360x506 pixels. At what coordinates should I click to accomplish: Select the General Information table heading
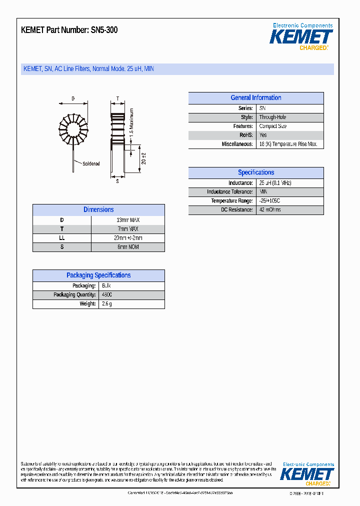(x=255, y=98)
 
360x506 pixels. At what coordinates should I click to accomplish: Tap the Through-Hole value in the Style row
(x=272, y=117)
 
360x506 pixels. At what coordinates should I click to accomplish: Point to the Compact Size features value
(x=272, y=126)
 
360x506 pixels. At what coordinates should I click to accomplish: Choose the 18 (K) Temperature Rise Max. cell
(x=288, y=144)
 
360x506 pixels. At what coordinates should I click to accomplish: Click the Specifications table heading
(x=255, y=172)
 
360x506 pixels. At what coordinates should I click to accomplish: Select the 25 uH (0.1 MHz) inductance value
(x=275, y=183)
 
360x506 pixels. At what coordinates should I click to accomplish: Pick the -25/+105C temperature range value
(x=273, y=201)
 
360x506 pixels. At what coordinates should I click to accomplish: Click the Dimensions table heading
(x=98, y=210)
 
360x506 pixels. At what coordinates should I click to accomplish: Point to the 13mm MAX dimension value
(x=127, y=220)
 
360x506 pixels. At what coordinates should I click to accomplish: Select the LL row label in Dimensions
(x=62, y=238)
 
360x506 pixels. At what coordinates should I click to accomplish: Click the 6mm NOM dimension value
(x=127, y=247)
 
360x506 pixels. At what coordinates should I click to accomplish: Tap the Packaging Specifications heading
(x=98, y=275)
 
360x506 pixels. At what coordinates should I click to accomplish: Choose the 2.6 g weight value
(x=107, y=304)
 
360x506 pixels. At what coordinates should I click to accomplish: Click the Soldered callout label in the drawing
(x=91, y=163)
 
